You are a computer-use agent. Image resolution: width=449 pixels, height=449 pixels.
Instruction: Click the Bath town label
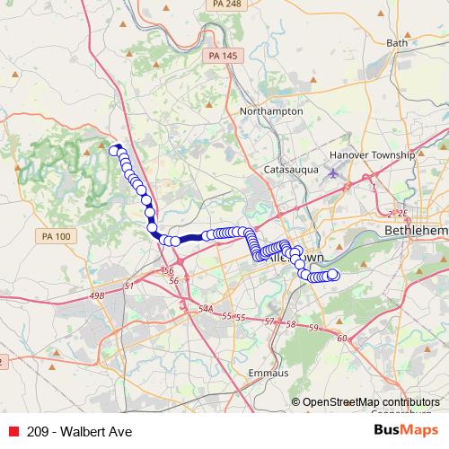click(396, 42)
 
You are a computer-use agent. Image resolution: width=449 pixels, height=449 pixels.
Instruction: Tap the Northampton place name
click(271, 111)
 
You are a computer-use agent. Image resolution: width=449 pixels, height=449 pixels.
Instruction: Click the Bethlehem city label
click(415, 231)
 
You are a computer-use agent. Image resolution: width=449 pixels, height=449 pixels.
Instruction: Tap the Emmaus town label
click(269, 372)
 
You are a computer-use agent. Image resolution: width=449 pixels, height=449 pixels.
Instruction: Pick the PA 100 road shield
click(56, 236)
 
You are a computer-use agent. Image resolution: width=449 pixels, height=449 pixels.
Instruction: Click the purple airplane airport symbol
click(335, 172)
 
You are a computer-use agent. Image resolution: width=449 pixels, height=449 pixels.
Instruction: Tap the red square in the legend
click(13, 432)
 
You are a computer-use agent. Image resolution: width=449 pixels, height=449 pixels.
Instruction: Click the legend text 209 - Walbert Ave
click(80, 432)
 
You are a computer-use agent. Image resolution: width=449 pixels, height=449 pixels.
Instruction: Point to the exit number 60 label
click(341, 338)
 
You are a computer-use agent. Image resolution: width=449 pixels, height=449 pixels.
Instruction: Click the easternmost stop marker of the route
click(333, 275)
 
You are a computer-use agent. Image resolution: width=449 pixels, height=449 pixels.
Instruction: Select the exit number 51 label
click(129, 286)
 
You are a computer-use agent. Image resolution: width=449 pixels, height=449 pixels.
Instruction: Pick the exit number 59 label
click(313, 328)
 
